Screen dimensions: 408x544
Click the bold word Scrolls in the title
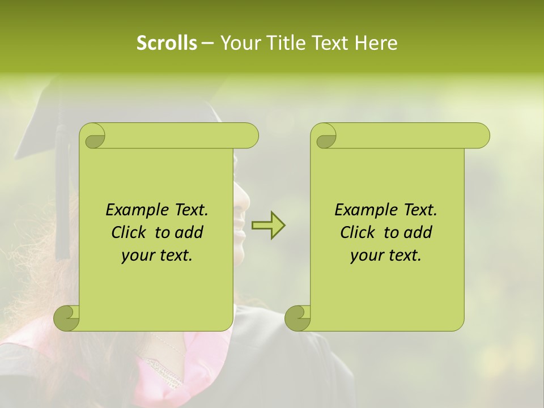click(x=167, y=43)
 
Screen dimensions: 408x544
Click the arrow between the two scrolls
click(x=269, y=226)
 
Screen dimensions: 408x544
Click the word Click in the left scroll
click(x=130, y=232)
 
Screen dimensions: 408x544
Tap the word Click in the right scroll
click(x=359, y=232)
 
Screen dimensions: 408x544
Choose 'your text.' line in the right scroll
click(x=386, y=256)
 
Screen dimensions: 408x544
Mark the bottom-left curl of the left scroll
click(x=67, y=318)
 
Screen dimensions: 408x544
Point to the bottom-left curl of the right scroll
click(x=297, y=318)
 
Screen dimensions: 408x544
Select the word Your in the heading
click(x=239, y=43)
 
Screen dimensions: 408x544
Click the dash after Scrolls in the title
click(x=207, y=43)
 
